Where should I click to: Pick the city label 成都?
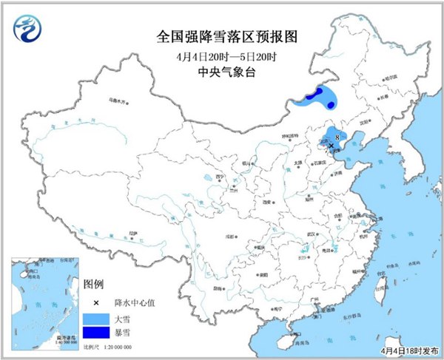[x=235, y=235]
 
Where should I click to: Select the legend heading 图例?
[x=94, y=284]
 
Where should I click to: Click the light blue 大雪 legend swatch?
[x=94, y=319]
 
